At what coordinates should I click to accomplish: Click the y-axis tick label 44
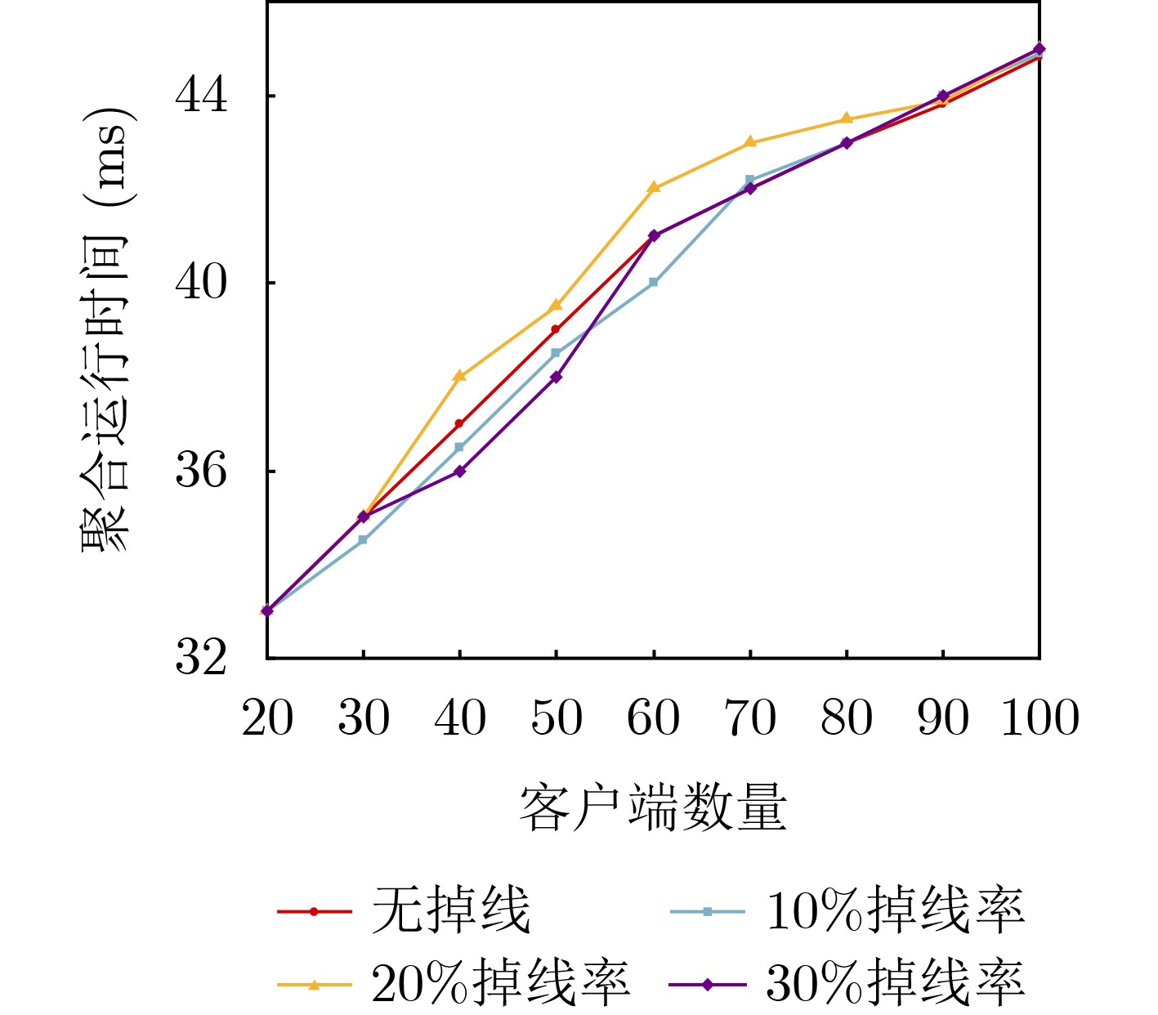pyautogui.click(x=201, y=96)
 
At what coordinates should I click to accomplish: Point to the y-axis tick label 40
pyautogui.click(x=201, y=283)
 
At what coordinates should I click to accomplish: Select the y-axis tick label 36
pyautogui.click(x=201, y=471)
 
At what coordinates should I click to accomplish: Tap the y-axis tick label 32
pyautogui.click(x=201, y=657)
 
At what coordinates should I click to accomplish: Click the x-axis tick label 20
pyautogui.click(x=267, y=719)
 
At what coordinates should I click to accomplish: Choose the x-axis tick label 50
pyautogui.click(x=557, y=719)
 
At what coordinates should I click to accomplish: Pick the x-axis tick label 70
pyautogui.click(x=750, y=719)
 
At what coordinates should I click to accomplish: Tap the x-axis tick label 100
pyautogui.click(x=1040, y=719)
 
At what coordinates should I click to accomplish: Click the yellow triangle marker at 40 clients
pyautogui.click(x=460, y=376)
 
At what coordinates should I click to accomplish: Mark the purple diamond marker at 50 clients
pyautogui.click(x=557, y=377)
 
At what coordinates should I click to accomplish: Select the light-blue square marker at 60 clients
pyautogui.click(x=654, y=282)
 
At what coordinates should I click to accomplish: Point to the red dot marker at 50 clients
pyautogui.click(x=557, y=329)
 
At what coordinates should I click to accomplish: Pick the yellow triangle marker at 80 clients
pyautogui.click(x=847, y=118)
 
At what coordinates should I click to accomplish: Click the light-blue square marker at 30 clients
pyautogui.click(x=363, y=540)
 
